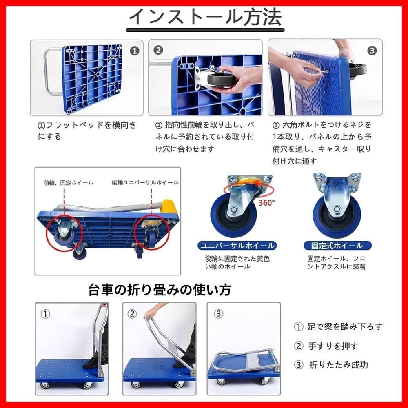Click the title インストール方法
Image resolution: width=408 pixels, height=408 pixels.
tap(205, 17)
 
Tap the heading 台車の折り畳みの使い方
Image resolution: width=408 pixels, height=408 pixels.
tap(160, 290)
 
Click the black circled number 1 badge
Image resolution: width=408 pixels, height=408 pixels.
tap(134, 51)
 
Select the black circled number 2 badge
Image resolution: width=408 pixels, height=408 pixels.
tap(158, 50)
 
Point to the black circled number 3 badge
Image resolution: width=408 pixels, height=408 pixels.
tap(372, 51)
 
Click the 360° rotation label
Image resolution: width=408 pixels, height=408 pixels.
tap(267, 202)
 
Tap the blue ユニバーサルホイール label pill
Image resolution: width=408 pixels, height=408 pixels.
tap(237, 246)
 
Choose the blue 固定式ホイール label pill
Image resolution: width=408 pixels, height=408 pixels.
tap(337, 246)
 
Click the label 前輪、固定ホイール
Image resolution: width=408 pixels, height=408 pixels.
tap(69, 183)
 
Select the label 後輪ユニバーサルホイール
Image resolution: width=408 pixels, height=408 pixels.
tap(145, 183)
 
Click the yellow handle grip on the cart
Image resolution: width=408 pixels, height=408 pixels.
tap(169, 206)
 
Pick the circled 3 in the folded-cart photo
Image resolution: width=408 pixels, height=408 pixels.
tap(219, 314)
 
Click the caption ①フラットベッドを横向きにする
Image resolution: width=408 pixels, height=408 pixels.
tap(87, 131)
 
